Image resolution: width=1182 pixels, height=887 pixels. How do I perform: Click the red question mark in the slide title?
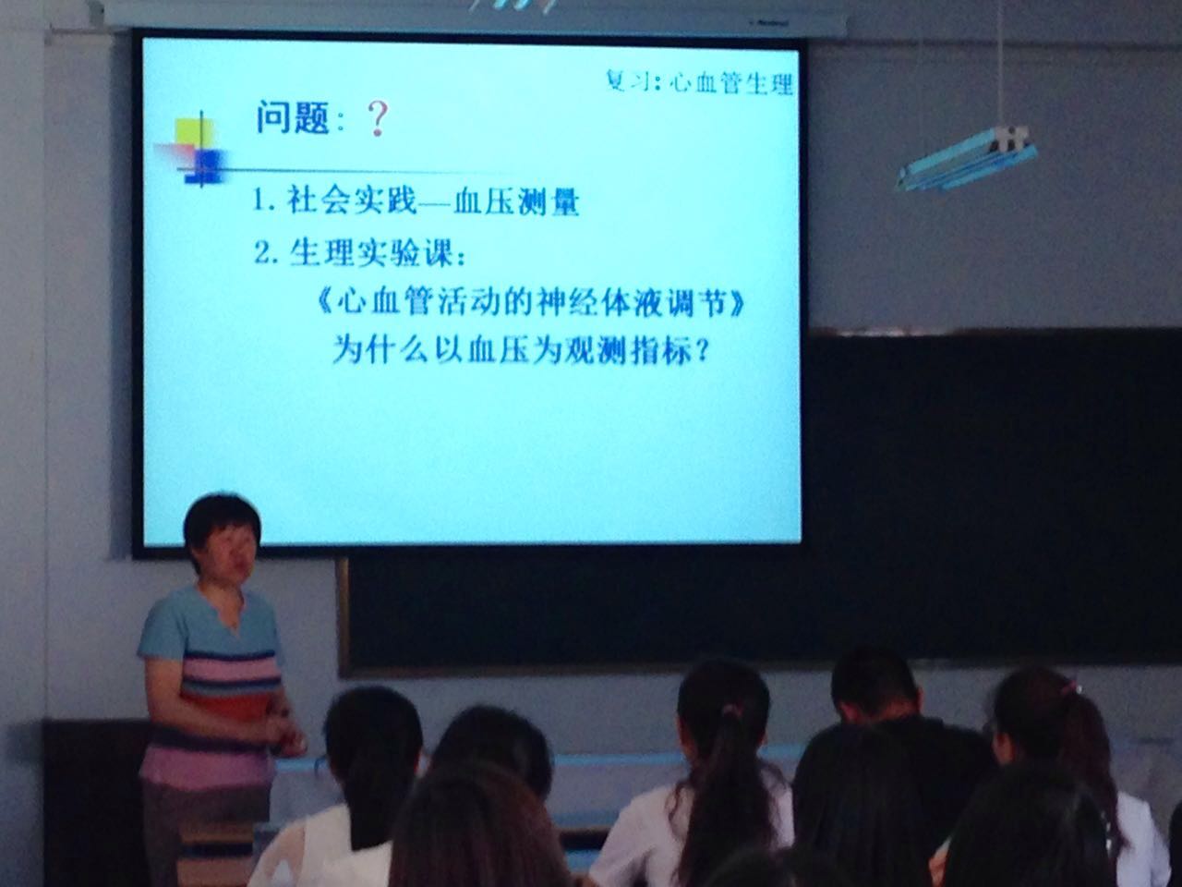tap(377, 119)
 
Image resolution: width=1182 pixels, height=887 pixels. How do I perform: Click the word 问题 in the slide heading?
tap(292, 116)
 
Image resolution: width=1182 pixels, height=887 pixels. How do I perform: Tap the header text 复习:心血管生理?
tap(699, 82)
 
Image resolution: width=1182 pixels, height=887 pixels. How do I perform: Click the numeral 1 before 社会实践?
tap(259, 200)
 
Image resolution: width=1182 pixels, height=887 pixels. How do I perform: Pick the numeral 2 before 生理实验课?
tap(261, 252)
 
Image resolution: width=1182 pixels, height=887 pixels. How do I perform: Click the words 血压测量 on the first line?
tap(516, 203)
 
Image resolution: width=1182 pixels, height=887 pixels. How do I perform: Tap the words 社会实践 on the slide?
tap(351, 200)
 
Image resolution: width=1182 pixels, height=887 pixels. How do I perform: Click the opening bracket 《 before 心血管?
tap(324, 305)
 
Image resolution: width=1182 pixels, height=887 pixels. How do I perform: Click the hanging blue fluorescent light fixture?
tap(967, 158)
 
